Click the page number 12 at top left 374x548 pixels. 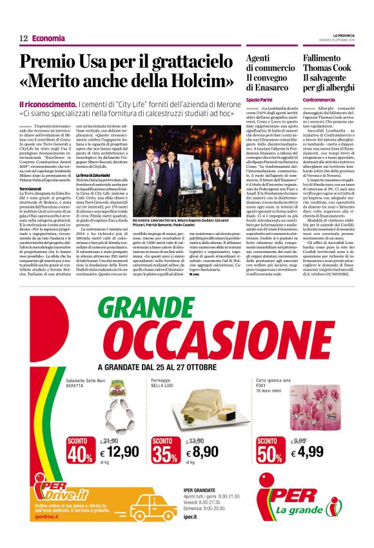click(x=23, y=39)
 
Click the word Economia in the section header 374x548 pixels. click(x=48, y=39)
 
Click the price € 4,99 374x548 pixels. click(x=306, y=434)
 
